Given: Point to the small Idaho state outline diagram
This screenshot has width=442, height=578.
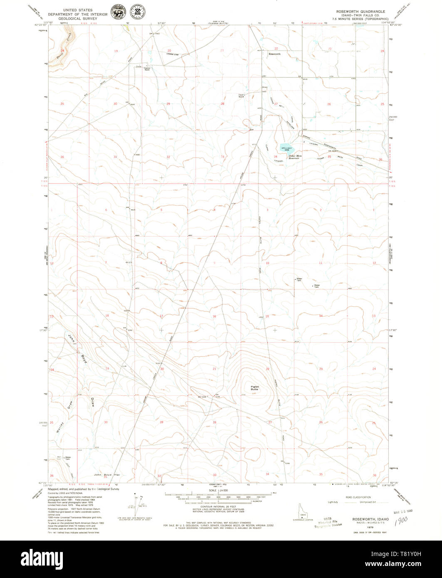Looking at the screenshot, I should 300,511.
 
